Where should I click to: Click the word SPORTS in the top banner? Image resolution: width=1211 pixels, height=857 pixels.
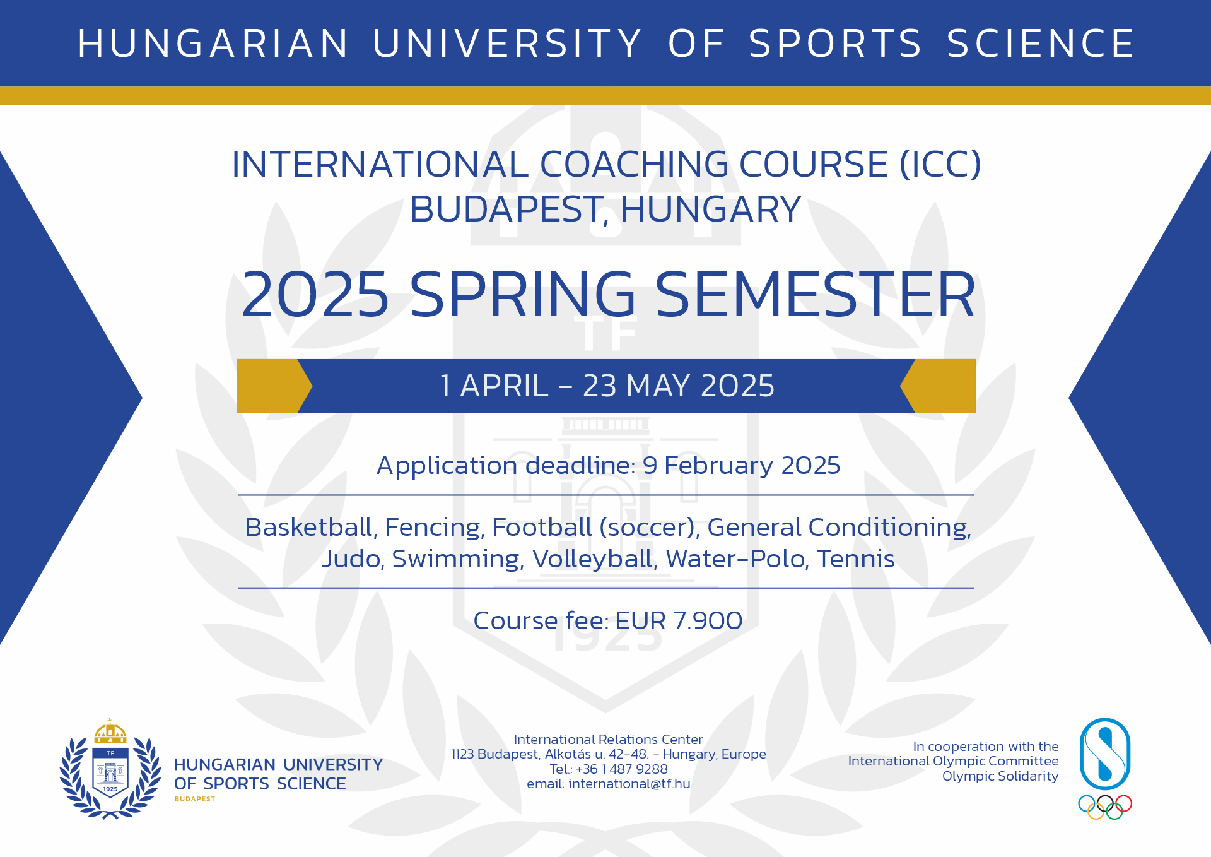click(835, 44)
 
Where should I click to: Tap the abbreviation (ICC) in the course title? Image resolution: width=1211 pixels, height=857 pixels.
click(940, 164)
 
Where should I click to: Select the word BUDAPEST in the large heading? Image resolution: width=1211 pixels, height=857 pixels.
click(509, 210)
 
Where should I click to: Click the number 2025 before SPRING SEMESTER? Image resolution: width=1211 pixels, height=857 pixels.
click(315, 294)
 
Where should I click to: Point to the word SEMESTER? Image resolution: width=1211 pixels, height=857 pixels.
click(815, 294)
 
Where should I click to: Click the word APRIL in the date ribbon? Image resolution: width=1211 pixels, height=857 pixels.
click(505, 386)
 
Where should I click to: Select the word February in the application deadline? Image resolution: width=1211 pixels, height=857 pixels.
click(718, 466)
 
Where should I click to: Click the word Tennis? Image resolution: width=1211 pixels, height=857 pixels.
click(856, 559)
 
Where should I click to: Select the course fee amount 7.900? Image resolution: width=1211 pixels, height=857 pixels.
click(708, 621)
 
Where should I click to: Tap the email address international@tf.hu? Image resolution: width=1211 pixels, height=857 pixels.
click(629, 784)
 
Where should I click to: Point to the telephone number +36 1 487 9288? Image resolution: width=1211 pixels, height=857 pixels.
click(621, 769)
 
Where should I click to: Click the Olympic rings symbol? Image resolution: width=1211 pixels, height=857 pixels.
click(1105, 807)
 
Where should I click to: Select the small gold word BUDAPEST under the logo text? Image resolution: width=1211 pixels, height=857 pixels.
click(195, 799)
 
